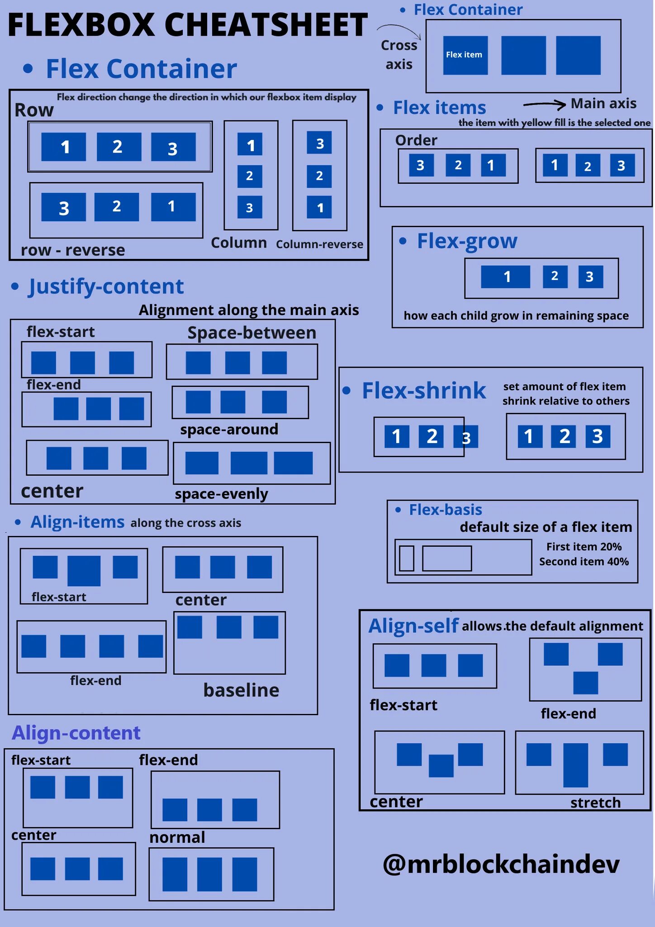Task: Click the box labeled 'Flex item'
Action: click(465, 55)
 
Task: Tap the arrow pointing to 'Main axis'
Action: click(544, 105)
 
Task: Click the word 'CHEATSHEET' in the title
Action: click(266, 25)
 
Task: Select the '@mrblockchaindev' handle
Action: click(501, 864)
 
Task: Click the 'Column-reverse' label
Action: click(319, 244)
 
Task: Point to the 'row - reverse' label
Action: click(73, 250)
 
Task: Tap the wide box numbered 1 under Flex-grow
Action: click(505, 277)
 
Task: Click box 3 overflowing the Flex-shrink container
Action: click(466, 437)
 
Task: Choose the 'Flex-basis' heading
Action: click(445, 510)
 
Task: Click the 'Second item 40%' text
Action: click(584, 562)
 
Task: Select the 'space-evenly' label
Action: click(221, 494)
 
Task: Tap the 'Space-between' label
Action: click(252, 333)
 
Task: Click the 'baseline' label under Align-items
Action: click(241, 690)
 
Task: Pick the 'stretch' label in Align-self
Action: click(595, 803)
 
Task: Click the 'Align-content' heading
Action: click(76, 733)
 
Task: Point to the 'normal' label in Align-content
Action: click(177, 837)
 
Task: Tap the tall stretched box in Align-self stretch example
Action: click(575, 765)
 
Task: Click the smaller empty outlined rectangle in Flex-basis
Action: click(407, 558)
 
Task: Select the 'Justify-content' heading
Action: click(106, 287)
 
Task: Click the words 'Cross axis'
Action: click(399, 55)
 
